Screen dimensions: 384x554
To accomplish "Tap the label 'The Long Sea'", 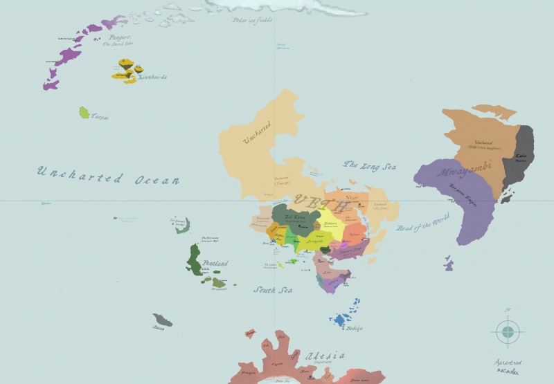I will [370, 166].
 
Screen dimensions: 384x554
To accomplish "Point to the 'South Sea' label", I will [272, 290].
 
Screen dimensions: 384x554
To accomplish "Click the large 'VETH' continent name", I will [321, 203].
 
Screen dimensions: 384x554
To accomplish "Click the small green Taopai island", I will [84, 112].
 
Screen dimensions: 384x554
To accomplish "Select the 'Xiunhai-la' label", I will [152, 77].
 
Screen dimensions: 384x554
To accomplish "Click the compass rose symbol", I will [508, 331].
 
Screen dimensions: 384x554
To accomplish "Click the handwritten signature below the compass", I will [508, 366].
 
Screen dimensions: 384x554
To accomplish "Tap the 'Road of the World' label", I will [422, 222].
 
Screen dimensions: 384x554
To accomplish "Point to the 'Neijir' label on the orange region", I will [352, 197].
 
